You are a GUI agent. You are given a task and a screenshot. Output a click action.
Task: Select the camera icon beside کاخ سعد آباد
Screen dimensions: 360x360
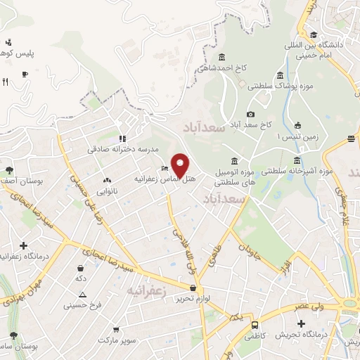251,115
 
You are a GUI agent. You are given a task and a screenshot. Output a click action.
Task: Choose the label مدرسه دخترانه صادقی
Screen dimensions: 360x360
123,149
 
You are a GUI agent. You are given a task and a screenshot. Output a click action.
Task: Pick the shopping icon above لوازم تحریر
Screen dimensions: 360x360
193,288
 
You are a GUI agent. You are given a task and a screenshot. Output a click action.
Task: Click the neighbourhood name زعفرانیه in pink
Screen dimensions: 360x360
148,290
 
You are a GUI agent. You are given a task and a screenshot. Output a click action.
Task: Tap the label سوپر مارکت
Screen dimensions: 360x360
115,340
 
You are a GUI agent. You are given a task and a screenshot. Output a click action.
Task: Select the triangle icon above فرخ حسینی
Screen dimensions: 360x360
83,295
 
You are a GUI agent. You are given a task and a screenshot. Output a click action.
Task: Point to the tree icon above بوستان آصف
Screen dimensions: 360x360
9,170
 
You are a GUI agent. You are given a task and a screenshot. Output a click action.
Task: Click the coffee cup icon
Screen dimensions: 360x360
25,74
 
